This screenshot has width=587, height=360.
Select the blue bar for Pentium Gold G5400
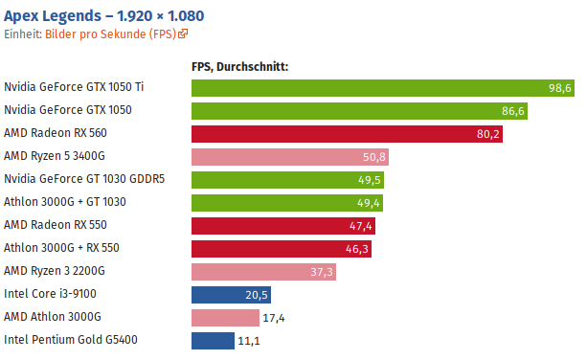coord(213,340)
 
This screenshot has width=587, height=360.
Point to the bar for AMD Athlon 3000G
coord(225,317)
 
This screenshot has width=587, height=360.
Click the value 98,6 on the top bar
coord(559,88)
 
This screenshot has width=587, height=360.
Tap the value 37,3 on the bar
coord(322,272)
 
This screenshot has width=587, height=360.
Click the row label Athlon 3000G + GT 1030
coord(65,202)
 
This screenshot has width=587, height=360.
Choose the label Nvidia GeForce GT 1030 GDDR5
coord(84,179)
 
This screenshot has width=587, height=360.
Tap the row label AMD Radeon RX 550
coord(55,225)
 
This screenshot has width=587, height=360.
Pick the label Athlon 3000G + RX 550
coord(61,248)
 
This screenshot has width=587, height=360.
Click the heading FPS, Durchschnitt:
coord(240,66)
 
